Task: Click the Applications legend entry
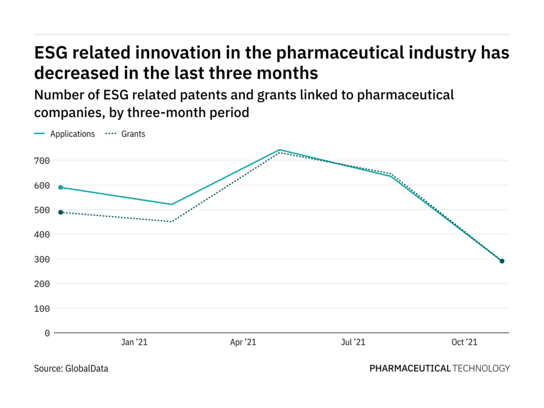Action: click(72, 134)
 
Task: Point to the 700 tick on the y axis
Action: click(43, 160)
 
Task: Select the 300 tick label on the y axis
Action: click(43, 259)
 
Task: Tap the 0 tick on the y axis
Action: click(47, 333)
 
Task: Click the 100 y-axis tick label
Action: click(43, 308)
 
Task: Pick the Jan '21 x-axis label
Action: click(134, 342)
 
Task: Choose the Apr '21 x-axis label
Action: click(243, 342)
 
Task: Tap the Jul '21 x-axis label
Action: click(353, 342)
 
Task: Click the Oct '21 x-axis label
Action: click(464, 342)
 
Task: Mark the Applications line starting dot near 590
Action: click(61, 187)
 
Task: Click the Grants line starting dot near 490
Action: click(61, 212)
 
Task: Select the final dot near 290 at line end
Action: click(502, 261)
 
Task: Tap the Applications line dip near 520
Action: click(171, 205)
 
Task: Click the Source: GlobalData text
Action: click(71, 369)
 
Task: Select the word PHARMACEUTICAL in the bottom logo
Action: click(410, 369)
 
